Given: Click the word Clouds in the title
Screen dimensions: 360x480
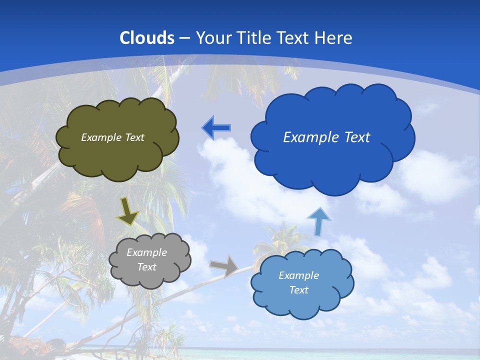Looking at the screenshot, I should (147, 38).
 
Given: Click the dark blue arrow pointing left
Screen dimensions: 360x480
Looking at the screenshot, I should (216, 128).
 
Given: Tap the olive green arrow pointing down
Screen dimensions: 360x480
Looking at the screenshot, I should (128, 212).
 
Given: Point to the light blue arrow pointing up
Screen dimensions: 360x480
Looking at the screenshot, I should (318, 221).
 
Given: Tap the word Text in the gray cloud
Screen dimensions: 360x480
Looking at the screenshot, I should (147, 267).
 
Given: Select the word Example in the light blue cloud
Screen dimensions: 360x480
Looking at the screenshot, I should (298, 275).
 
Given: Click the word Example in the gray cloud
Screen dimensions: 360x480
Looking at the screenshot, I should (147, 252).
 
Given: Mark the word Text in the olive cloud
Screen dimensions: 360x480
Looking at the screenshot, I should (133, 137).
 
